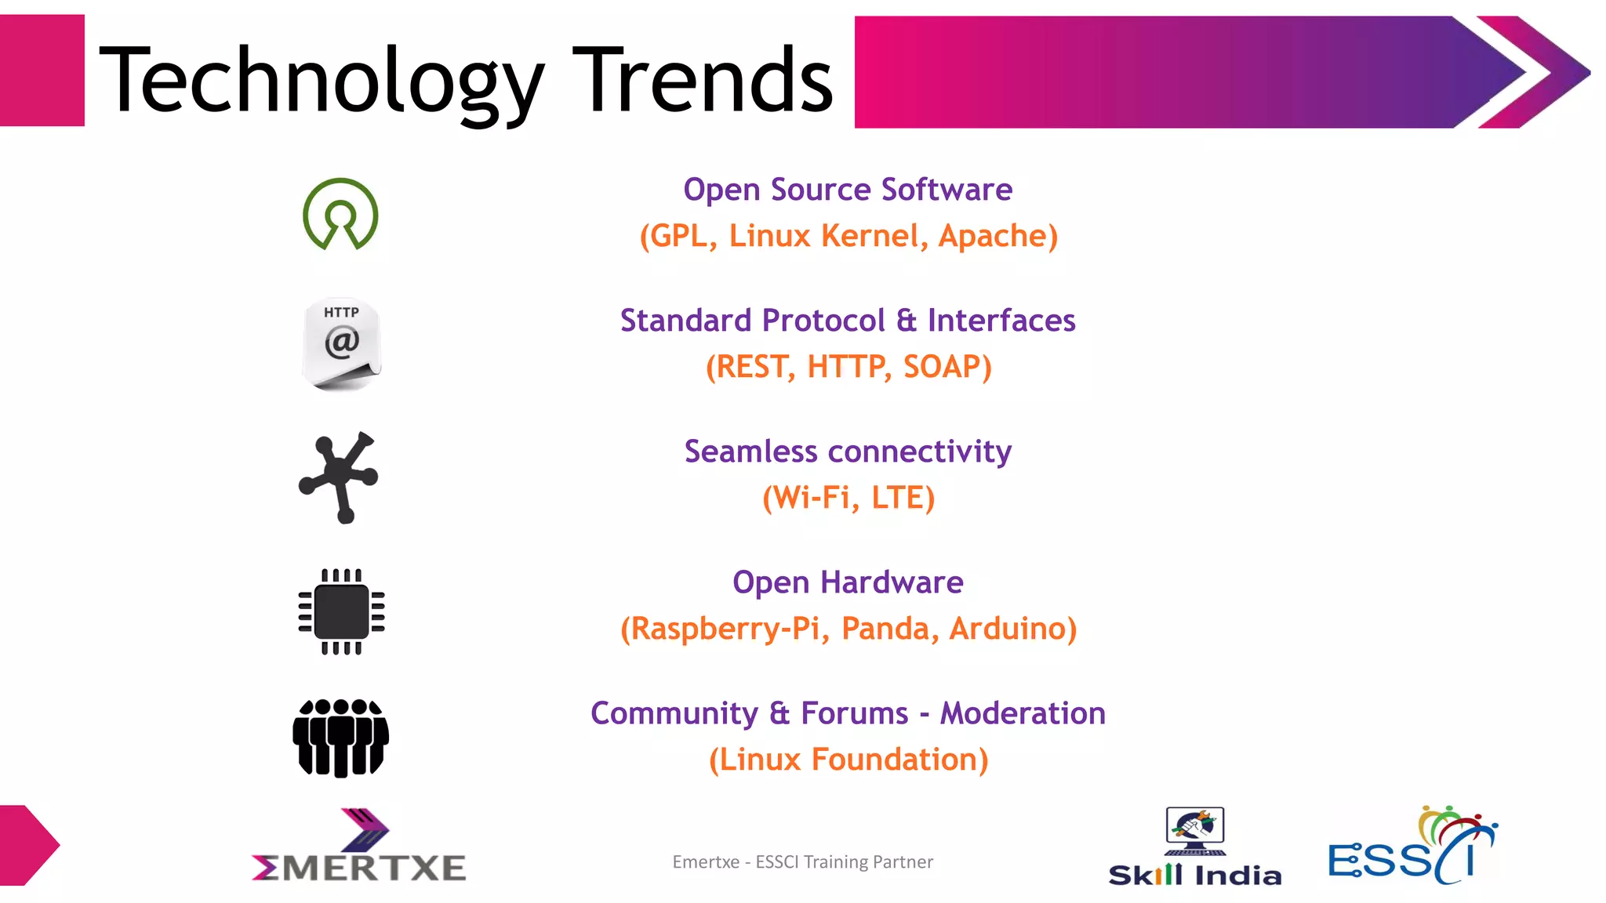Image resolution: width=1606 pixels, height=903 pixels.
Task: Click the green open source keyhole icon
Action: click(x=340, y=214)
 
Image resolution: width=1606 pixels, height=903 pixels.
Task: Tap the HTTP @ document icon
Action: click(x=341, y=343)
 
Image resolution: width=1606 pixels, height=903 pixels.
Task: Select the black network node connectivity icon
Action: click(x=339, y=477)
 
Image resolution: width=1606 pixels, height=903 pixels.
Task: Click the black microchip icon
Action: click(x=341, y=611)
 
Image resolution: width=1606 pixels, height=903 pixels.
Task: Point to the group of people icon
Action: click(x=340, y=738)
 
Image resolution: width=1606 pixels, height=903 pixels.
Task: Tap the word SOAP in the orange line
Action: click(x=947, y=367)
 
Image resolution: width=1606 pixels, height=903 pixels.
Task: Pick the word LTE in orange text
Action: click(x=903, y=498)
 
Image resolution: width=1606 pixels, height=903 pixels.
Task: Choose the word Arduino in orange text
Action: click(x=1012, y=629)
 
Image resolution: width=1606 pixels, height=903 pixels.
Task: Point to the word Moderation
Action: click(x=1023, y=713)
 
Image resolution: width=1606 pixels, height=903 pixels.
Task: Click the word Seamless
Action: click(x=750, y=451)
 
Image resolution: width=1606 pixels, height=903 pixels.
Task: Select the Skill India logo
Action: click(x=1194, y=847)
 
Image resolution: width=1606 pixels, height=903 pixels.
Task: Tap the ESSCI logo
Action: click(x=1412, y=847)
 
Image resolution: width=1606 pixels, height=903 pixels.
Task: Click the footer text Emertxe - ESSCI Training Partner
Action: click(x=802, y=861)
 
